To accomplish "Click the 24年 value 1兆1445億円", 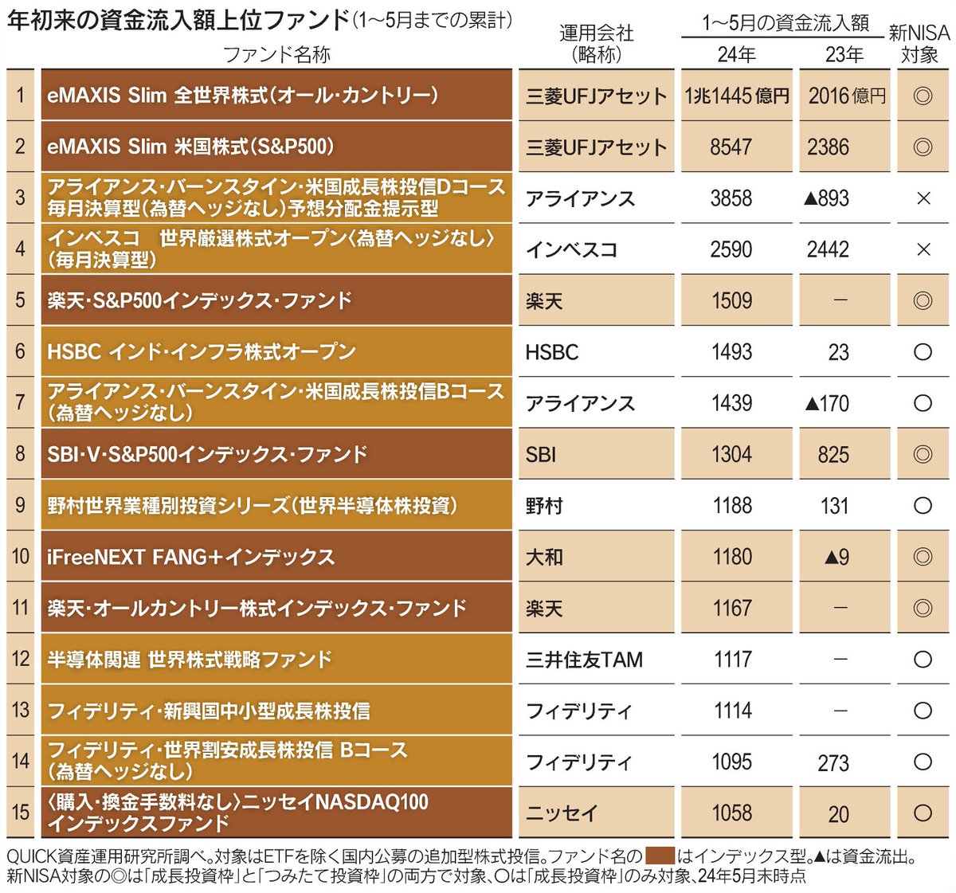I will coord(736,96).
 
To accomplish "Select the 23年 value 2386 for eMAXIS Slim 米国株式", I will coord(828,147).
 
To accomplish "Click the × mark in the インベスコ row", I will coord(923,249).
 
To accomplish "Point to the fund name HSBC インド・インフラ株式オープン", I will coord(202,351).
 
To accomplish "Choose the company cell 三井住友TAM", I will coord(584,660).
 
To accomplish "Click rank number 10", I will coord(21,556).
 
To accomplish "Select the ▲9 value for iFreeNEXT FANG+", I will coord(836,558).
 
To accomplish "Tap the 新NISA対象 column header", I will coord(919,44).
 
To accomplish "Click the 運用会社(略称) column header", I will coord(596,44).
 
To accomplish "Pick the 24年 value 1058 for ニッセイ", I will coord(731,813).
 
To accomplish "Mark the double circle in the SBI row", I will coord(923,454).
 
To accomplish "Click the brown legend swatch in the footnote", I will coord(660,856).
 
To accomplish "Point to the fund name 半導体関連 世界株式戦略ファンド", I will coord(190,660).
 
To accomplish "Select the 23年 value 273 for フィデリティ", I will coord(833,763).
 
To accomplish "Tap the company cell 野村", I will coord(544,506).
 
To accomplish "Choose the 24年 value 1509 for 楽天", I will coord(731,301).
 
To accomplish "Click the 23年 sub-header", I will coord(844,54).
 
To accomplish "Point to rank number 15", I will coord(21,813).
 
